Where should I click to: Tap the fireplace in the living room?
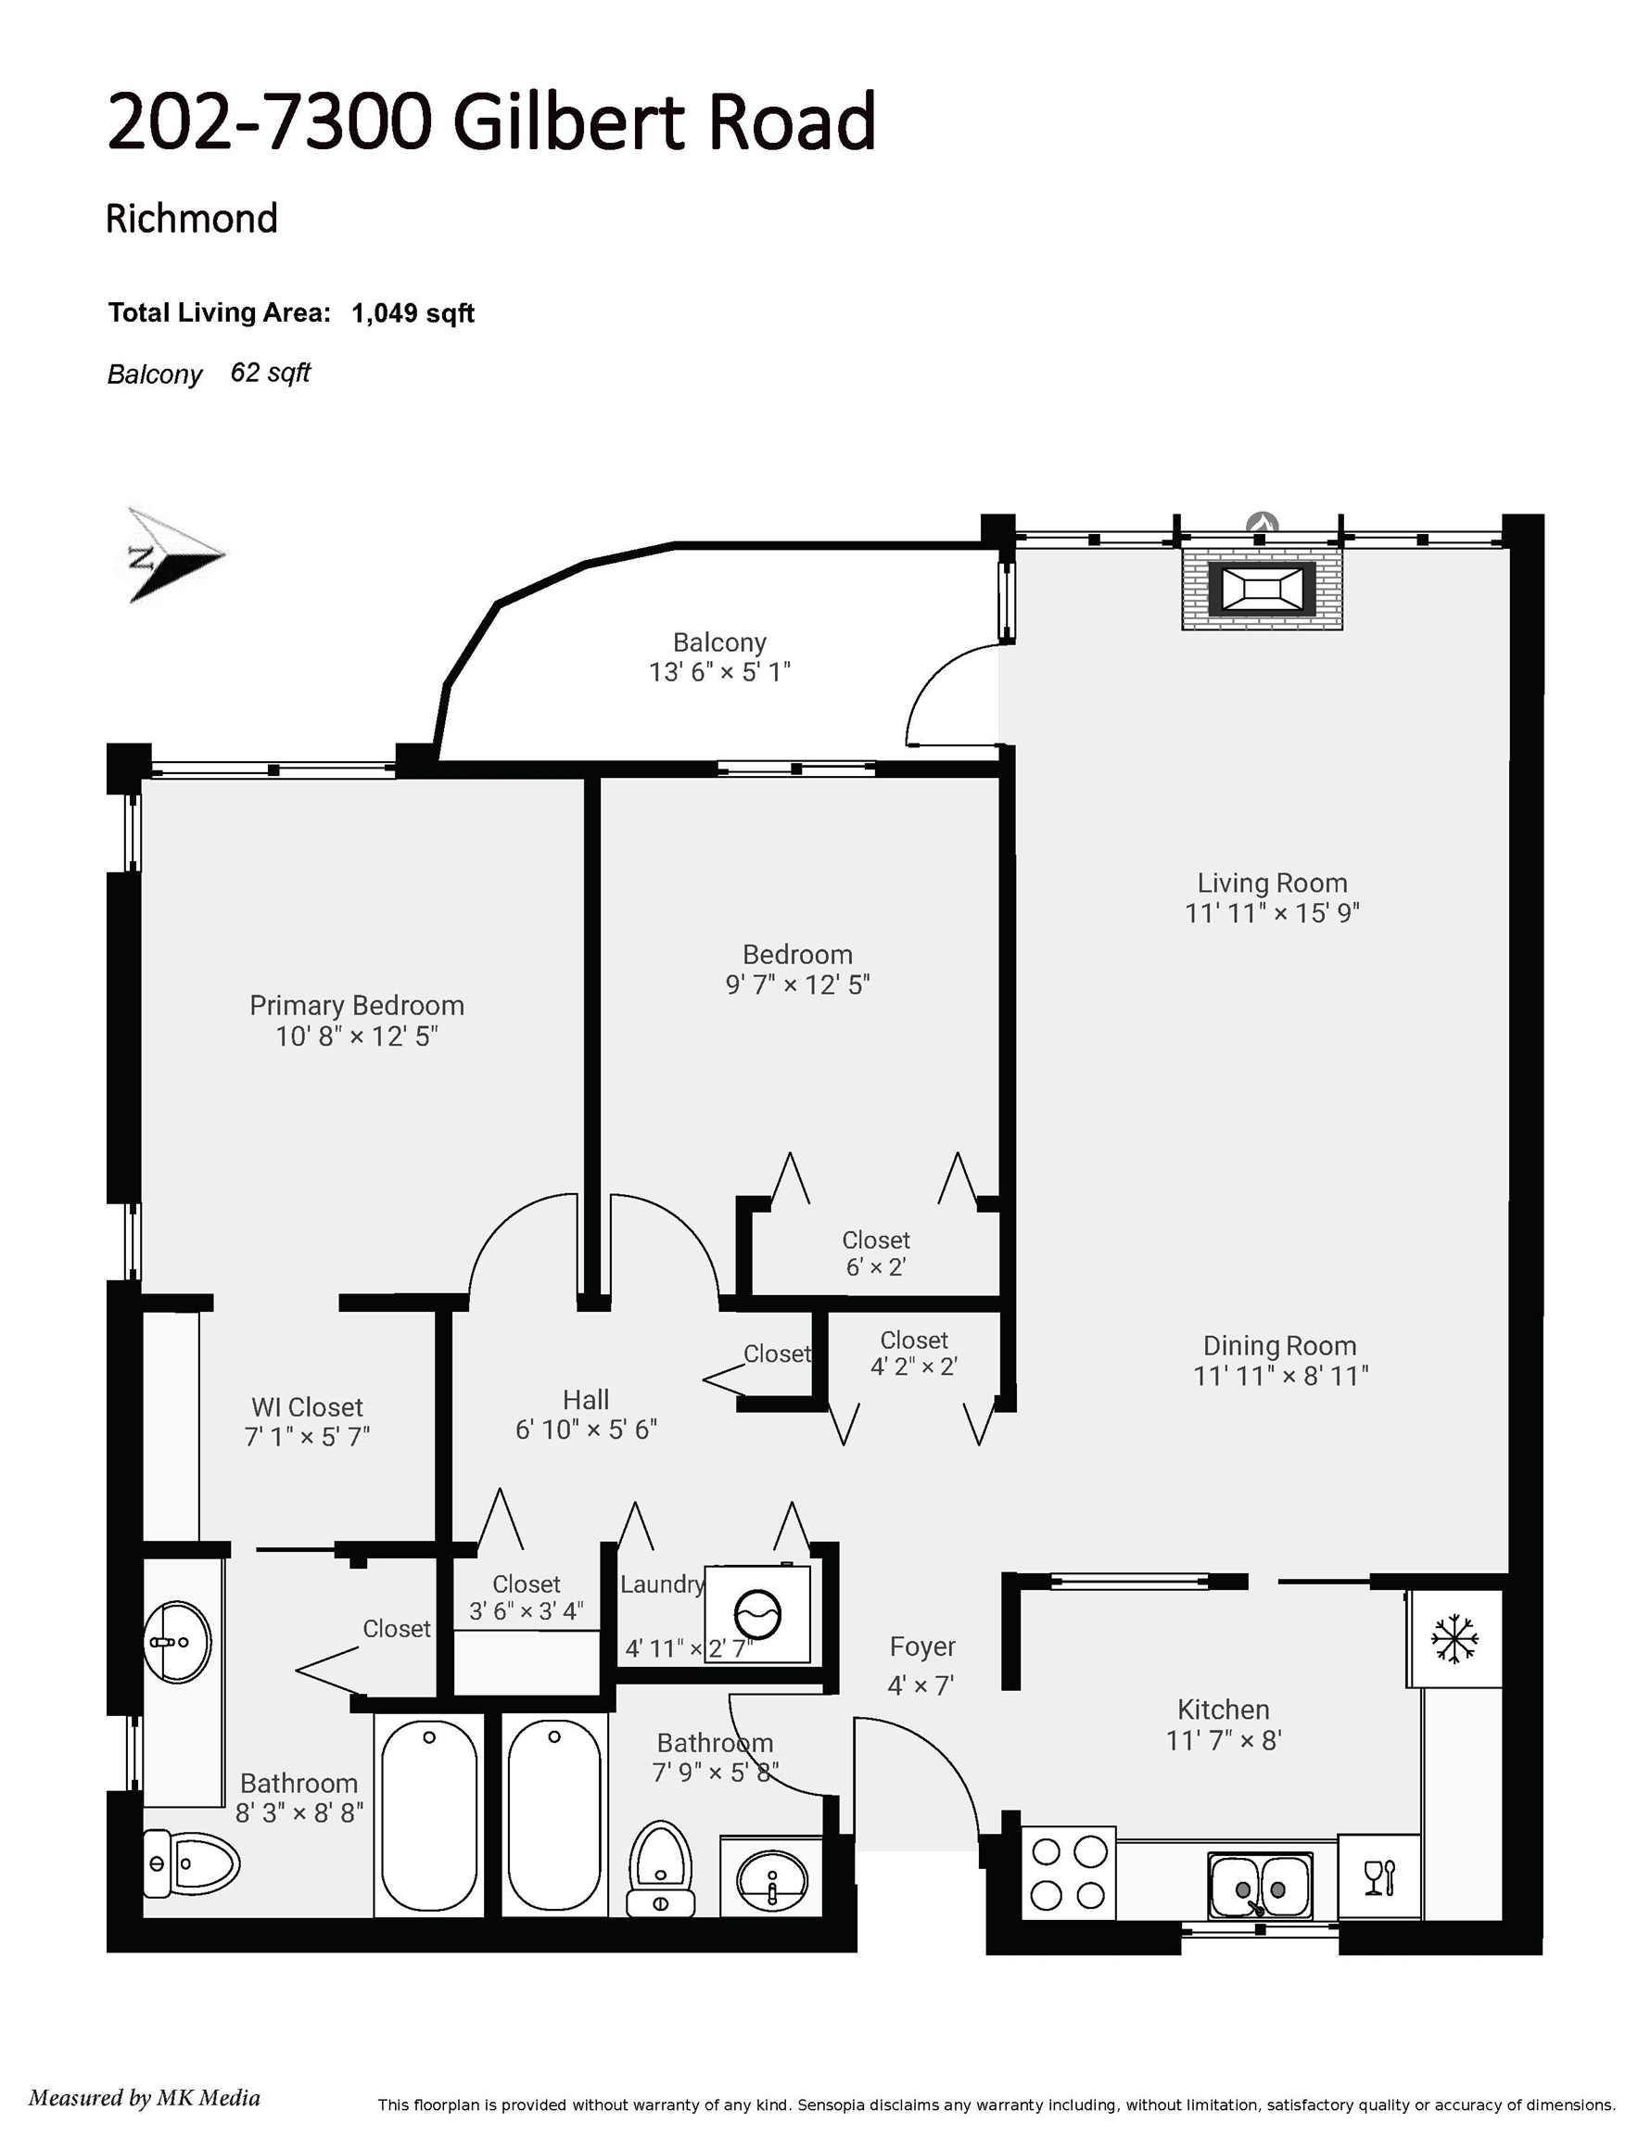(1262, 589)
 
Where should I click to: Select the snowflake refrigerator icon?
(1454, 1638)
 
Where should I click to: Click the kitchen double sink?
(1260, 1885)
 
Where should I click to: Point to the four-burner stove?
(1069, 1873)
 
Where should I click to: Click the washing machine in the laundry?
(758, 1614)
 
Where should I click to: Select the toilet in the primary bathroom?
(191, 1863)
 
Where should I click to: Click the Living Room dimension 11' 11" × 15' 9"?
(1273, 912)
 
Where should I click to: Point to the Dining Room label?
(1279, 1346)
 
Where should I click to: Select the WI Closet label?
(307, 1406)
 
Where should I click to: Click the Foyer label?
(922, 1646)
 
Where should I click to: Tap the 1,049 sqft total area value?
(413, 313)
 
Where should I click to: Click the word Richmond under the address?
(192, 218)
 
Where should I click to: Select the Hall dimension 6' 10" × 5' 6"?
(586, 1429)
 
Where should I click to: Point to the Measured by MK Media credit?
(145, 2097)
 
